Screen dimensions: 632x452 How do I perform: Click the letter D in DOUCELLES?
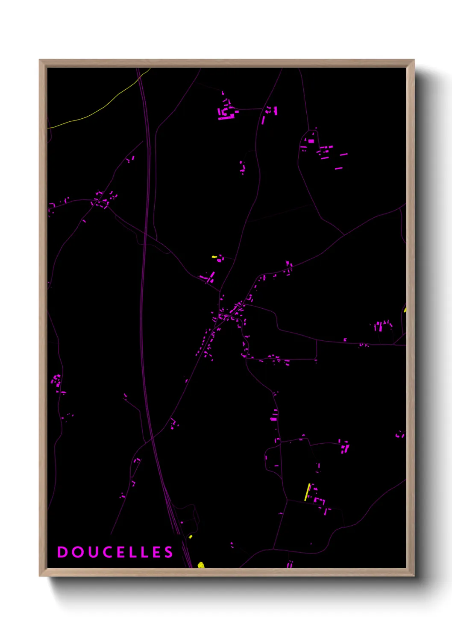(63, 552)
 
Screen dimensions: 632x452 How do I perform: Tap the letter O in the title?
(77, 552)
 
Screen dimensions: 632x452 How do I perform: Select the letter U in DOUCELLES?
(92, 552)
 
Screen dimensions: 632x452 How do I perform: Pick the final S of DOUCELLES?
(169, 552)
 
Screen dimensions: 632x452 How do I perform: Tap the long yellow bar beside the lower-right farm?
(307, 492)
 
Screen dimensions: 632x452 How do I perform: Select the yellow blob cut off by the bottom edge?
(201, 565)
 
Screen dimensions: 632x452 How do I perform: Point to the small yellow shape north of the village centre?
(214, 257)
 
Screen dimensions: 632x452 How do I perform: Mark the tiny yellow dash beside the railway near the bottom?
(191, 536)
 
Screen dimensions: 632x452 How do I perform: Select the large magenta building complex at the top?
(226, 111)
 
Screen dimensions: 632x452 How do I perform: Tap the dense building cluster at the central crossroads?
(229, 314)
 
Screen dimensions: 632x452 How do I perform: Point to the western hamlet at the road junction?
(102, 201)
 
